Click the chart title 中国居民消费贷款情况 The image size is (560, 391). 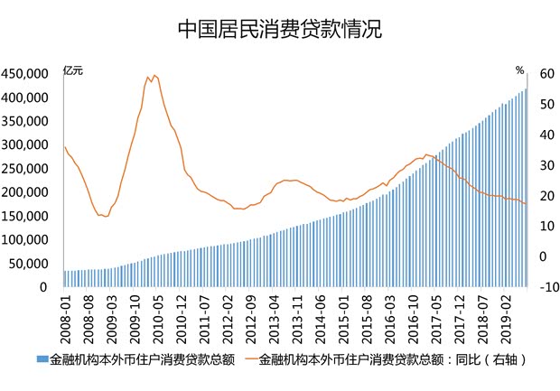[279, 29]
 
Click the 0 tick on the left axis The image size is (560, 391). [42, 287]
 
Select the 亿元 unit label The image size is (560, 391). [74, 70]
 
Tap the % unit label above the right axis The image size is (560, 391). [519, 70]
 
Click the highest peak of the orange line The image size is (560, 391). [154, 75]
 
